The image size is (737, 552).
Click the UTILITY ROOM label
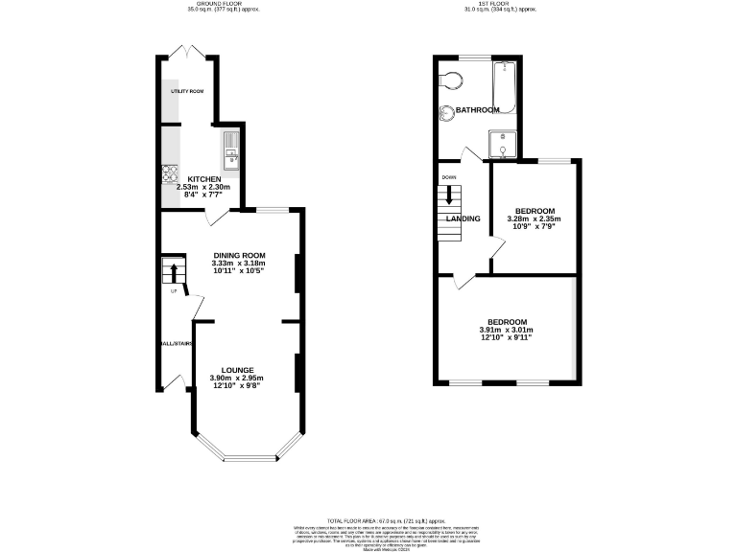(187, 91)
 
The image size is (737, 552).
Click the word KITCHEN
(205, 179)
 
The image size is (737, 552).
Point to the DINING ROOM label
(238, 255)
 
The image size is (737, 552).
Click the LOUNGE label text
(236, 370)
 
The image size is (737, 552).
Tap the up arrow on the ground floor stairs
(174, 273)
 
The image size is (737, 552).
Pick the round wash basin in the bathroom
(447, 115)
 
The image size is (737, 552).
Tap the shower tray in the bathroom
(504, 145)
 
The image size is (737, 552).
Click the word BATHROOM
(477, 110)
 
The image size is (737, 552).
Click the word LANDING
(463, 218)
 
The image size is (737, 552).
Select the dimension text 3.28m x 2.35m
(534, 218)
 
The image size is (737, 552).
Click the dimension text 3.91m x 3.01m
(506, 331)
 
